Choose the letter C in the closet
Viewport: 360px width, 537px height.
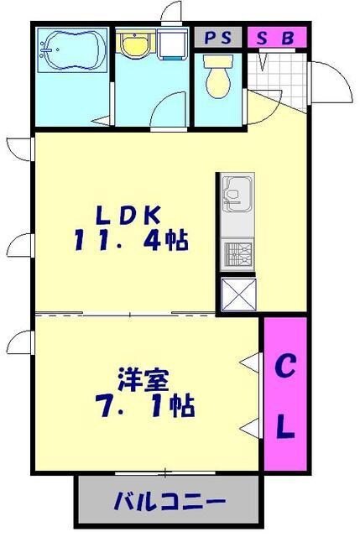285,367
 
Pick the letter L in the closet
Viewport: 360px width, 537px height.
285,429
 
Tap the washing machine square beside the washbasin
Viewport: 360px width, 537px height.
175,46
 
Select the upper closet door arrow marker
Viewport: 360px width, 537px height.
250,362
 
